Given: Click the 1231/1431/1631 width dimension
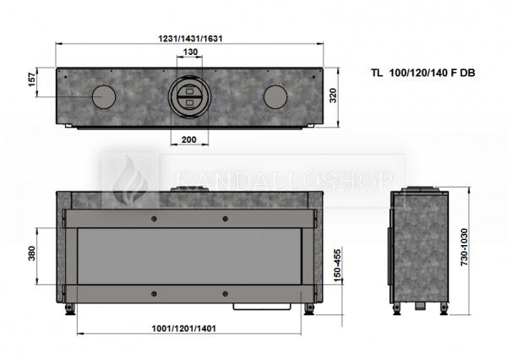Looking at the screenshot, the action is pyautogui.click(x=190, y=39).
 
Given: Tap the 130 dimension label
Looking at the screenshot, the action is pyautogui.click(x=190, y=52).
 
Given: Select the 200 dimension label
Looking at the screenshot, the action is pyautogui.click(x=188, y=139).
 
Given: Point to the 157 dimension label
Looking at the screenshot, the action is pyautogui.click(x=32, y=79).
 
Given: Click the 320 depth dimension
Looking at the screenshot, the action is pyautogui.click(x=333, y=95).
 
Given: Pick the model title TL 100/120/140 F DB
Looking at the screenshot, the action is pyautogui.click(x=423, y=73).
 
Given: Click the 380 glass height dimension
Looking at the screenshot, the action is pyautogui.click(x=32, y=254).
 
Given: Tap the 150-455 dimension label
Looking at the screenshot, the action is pyautogui.click(x=337, y=265).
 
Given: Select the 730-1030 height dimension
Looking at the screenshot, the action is pyautogui.click(x=464, y=247).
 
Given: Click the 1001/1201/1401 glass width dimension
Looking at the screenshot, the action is pyautogui.click(x=183, y=328).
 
